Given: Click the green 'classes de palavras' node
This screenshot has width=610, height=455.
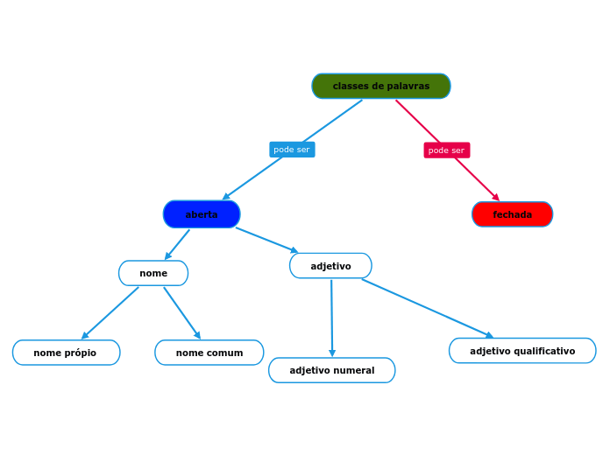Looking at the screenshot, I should tap(381, 86).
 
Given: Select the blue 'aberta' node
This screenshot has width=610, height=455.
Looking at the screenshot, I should tap(202, 214).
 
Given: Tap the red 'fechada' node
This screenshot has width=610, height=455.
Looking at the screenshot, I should tap(512, 214).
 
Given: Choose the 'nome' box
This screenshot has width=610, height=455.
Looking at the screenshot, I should tap(153, 273).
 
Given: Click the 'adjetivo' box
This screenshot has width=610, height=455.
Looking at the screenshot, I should tap(330, 266).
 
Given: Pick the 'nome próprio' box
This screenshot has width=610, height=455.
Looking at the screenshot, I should tap(66, 353).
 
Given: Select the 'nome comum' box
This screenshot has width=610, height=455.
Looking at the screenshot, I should tap(209, 353).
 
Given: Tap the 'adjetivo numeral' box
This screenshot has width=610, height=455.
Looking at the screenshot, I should tap(331, 370).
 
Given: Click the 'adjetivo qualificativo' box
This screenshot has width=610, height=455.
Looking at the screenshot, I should tap(522, 351).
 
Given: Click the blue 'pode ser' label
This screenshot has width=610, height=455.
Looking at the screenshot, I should tap(292, 150).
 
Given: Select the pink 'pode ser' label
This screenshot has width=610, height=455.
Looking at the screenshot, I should tap(446, 150).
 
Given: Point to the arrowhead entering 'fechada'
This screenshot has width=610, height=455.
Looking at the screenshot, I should tap(496, 198).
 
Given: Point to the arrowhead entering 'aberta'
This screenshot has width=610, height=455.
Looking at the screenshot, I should tap(225, 198).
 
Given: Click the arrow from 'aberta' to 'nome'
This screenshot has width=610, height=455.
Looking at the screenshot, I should tap(178, 243).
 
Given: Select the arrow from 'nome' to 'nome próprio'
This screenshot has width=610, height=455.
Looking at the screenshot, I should tap(111, 312).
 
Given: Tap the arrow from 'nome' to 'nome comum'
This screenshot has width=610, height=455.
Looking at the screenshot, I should tap(181, 312).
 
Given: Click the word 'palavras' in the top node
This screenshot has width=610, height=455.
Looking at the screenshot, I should tap(408, 86).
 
